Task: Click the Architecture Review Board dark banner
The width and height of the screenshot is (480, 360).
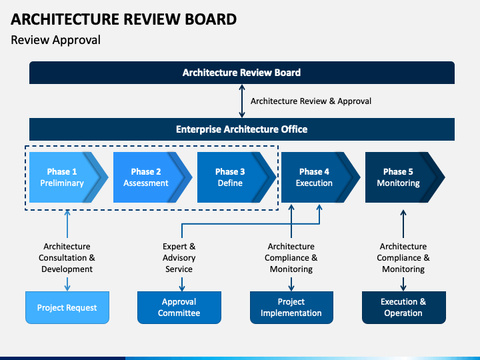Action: point(242,73)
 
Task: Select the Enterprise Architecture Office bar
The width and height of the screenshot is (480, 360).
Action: point(242,129)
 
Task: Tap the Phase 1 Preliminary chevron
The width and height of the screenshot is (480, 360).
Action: point(69,177)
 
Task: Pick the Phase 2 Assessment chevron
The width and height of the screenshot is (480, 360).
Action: point(153,177)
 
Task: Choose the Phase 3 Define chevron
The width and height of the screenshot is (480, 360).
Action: point(236,177)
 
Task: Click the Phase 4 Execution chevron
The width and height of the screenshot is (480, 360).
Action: point(321,177)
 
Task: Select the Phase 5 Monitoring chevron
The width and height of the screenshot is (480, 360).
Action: point(405,177)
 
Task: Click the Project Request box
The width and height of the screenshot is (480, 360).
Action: point(67,307)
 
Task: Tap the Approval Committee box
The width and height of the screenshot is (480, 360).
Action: point(179,307)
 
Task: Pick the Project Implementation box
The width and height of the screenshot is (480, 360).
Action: point(291,307)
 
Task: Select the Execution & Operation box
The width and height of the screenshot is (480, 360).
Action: point(403,307)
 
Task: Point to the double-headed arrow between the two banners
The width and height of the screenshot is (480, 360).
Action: point(242,101)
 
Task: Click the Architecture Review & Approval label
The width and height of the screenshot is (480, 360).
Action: point(311,101)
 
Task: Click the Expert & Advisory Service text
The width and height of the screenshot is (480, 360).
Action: point(179,258)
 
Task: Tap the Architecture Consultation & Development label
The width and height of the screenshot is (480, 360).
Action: point(67,258)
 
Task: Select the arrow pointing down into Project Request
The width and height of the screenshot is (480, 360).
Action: point(67,284)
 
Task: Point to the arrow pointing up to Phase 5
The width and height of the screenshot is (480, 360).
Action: point(403,224)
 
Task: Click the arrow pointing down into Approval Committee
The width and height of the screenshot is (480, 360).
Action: point(182,284)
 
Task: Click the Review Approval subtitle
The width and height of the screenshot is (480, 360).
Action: point(55,40)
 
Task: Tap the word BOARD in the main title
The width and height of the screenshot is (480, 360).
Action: point(211,19)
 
